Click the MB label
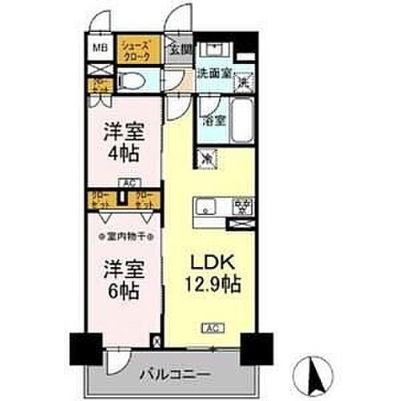(101, 48)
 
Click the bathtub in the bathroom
(241, 121)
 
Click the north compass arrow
(312, 371)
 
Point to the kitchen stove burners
(238, 206)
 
